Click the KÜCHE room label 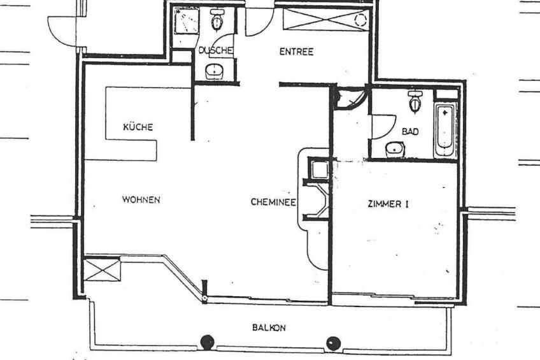coord(138,127)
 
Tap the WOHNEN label coord(141,200)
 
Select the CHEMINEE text coord(273,202)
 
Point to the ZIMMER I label coord(388,205)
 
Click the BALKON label coord(269,328)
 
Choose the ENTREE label coord(296,52)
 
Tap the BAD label coord(410,131)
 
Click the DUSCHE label coord(216,50)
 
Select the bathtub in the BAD coord(446,130)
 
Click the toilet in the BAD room coord(415,101)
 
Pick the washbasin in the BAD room coord(395,150)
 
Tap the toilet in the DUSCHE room coord(217,19)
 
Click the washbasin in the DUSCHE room coord(215,71)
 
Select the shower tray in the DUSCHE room coord(187,22)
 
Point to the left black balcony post coord(208,342)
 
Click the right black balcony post coord(334,343)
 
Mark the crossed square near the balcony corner coord(103,270)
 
